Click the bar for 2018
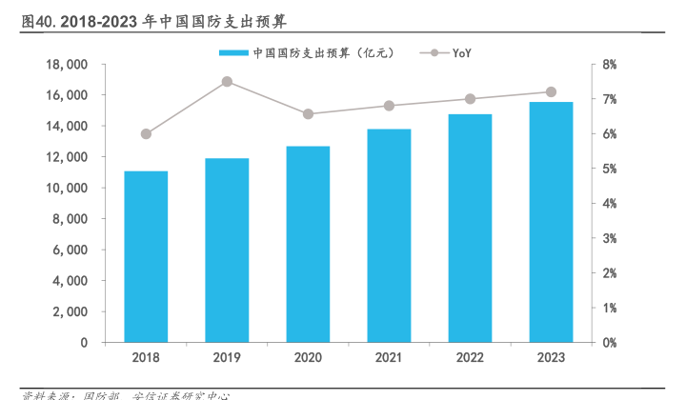tap(146, 257)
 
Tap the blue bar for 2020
tap(308, 245)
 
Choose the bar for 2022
tap(470, 229)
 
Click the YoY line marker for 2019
tap(227, 82)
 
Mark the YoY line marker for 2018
tap(146, 134)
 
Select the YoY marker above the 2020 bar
tap(308, 114)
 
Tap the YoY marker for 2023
tap(551, 92)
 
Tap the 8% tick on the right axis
tap(610, 65)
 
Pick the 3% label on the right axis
tap(610, 238)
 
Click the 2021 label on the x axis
tap(389, 357)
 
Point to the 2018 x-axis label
tap(146, 357)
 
